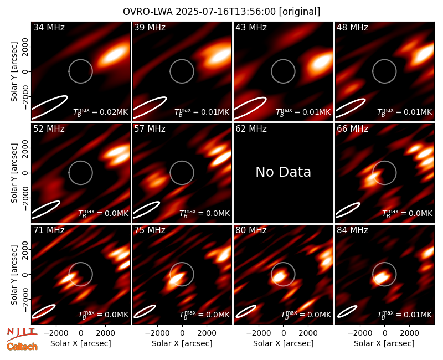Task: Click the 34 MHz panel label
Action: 49,27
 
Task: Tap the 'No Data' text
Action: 283,172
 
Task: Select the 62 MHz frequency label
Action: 251,129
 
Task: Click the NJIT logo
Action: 22,334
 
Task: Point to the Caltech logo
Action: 22,346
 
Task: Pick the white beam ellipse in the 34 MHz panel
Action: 49,107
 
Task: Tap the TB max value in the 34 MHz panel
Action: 101,112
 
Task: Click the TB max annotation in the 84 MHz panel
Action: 405,315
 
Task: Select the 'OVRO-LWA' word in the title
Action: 148,12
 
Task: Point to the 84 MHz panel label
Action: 352,230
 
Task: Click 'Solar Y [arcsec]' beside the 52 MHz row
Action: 14,173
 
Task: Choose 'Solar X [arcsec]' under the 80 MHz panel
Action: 284,343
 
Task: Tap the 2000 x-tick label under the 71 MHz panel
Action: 106,333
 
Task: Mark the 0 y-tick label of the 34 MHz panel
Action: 25,71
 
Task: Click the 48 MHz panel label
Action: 352,27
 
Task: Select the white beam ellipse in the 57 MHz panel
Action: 146,210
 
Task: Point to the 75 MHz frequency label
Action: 150,230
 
